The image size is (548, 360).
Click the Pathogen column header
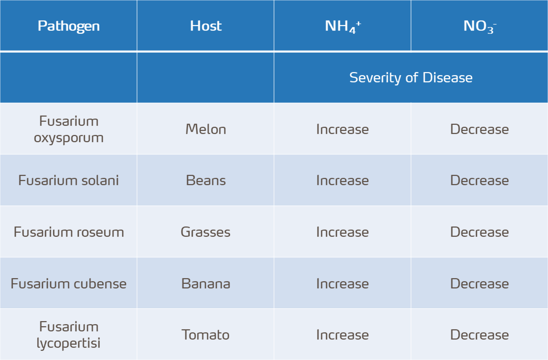pos(68,26)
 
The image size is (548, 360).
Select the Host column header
pos(205,26)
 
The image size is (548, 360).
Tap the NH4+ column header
pos(342,26)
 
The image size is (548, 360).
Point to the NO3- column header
pos(479,26)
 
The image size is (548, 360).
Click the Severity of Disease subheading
pos(410,78)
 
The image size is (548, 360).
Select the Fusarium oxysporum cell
pos(68,129)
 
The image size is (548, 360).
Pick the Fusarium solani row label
pos(68,181)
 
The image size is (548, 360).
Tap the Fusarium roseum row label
pos(68,232)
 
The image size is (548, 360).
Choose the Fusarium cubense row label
pos(68,284)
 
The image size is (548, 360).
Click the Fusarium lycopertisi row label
pos(68,335)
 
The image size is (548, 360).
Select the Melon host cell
pos(205,129)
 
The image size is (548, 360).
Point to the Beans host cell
pos(205,181)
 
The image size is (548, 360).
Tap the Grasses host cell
pos(205,232)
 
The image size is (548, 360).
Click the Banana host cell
pos(205,284)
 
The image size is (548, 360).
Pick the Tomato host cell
pos(205,335)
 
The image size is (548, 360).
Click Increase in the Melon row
pos(342,129)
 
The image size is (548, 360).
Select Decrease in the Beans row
pos(479,181)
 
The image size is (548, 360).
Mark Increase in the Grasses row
pos(342,232)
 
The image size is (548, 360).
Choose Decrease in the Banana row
pos(479,284)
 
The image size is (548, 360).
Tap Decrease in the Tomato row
pos(479,335)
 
